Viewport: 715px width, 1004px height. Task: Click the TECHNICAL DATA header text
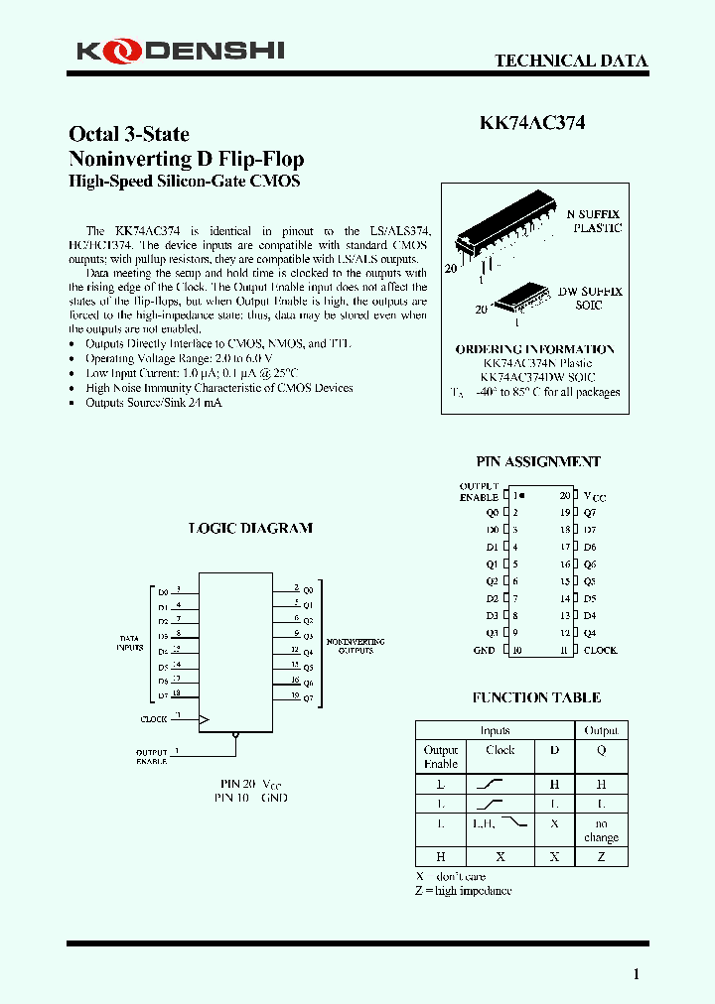[x=571, y=61]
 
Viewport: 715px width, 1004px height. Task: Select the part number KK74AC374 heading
[x=532, y=123]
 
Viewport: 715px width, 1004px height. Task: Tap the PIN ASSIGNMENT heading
[x=538, y=461]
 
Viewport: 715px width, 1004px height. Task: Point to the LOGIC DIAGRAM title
[x=250, y=528]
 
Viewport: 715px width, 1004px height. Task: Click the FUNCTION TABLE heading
[x=536, y=697]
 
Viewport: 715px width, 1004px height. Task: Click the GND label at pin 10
[x=485, y=650]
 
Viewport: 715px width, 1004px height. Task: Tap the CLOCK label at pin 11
[x=600, y=650]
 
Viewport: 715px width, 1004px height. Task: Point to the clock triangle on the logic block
[x=205, y=717]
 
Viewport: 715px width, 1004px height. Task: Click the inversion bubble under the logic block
[x=235, y=736]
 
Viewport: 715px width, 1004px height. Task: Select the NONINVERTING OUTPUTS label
[x=356, y=646]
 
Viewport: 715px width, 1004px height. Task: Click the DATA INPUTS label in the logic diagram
[x=130, y=643]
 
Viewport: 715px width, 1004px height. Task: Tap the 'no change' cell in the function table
[x=601, y=830]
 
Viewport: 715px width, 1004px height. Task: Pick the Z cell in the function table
[x=601, y=856]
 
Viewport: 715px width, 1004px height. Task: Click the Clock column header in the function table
[x=500, y=750]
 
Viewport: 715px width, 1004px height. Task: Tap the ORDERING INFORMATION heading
[x=534, y=349]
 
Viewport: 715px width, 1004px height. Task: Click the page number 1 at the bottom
[x=637, y=974]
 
